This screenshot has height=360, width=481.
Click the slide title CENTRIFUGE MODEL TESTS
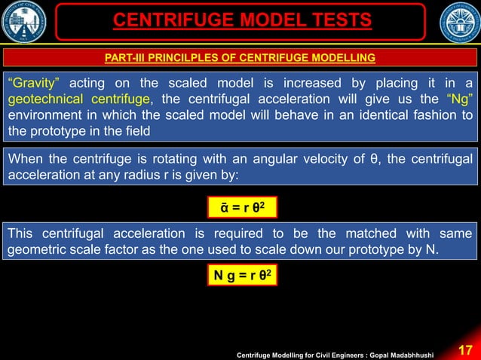pos(242,19)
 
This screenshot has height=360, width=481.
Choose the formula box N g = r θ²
pos(240,277)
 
